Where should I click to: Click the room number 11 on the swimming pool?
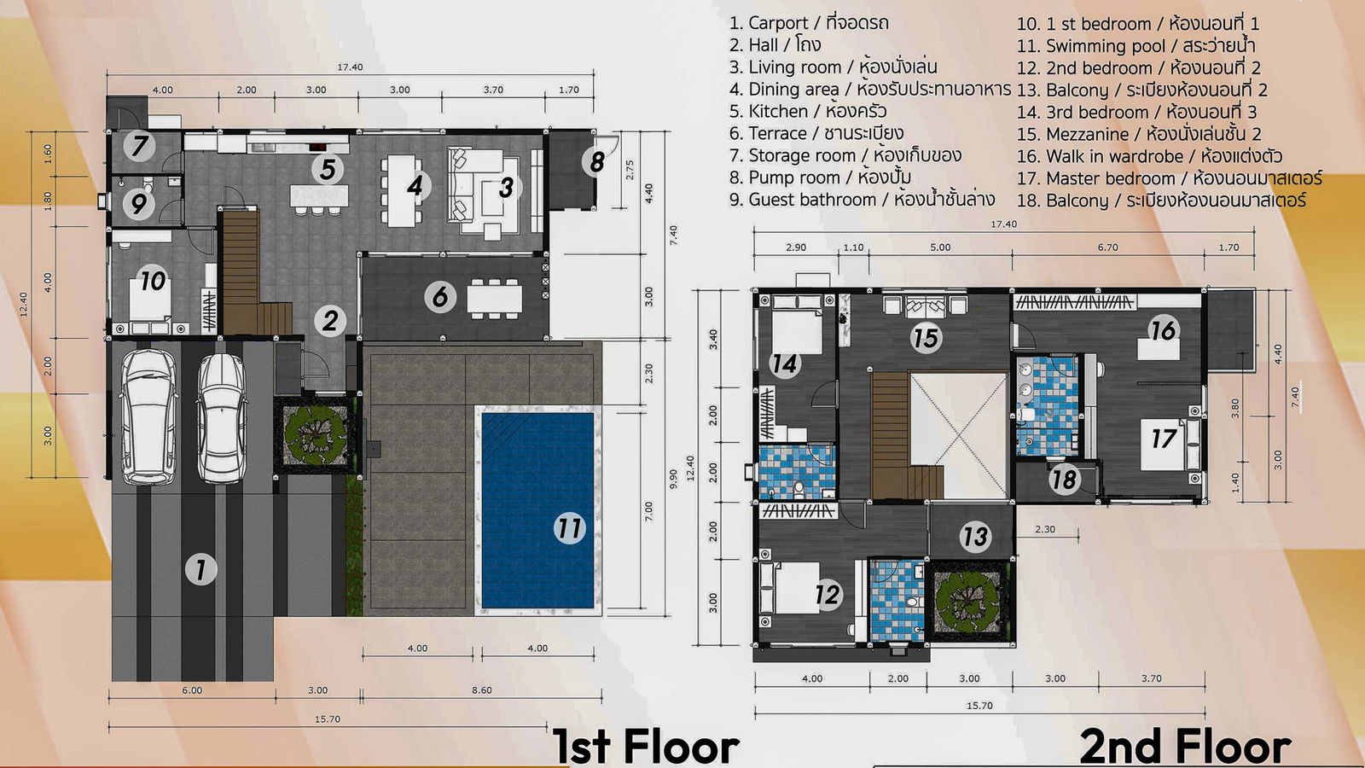(570, 528)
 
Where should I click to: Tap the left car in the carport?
(148, 417)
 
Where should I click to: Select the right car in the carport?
(222, 418)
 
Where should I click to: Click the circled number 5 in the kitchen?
(328, 169)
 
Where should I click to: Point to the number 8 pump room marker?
(596, 161)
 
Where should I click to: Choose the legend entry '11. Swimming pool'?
(1136, 46)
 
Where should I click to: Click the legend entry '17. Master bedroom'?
(1170, 178)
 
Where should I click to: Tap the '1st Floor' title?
(646, 746)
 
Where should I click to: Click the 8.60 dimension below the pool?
(481, 690)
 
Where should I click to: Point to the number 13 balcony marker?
(974, 537)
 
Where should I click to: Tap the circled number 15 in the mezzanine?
(926, 338)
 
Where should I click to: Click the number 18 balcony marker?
(1065, 479)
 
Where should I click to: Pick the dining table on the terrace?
(495, 300)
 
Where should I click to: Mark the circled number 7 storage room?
(140, 146)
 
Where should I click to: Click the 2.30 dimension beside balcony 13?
(1044, 530)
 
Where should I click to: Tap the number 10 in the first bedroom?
(153, 281)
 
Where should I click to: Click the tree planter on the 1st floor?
(315, 433)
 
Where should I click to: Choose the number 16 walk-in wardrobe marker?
(1163, 330)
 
